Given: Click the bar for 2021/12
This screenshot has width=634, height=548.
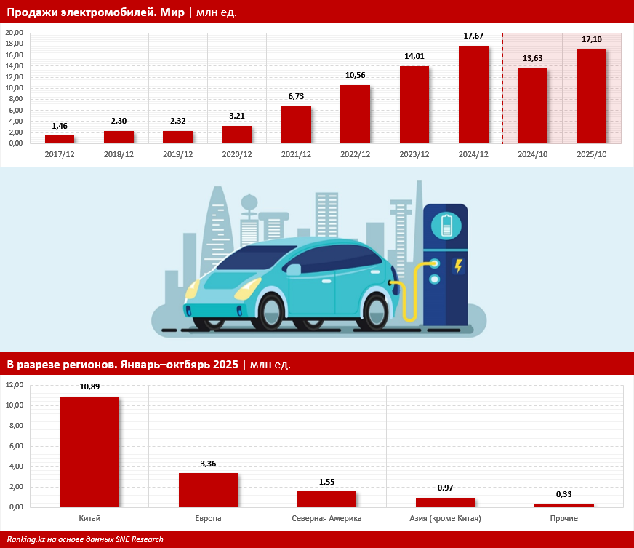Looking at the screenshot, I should click(x=296, y=124).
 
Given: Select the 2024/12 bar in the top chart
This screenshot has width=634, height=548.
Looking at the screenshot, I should click(x=473, y=95).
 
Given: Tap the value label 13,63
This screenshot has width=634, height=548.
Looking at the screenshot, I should click(x=532, y=58).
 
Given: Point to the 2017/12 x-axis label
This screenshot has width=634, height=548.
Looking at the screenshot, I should click(x=59, y=154).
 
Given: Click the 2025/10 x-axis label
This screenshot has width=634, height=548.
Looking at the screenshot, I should click(x=591, y=154).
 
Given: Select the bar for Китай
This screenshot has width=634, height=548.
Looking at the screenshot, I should click(x=89, y=451).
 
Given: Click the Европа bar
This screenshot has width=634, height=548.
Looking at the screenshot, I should click(x=208, y=490).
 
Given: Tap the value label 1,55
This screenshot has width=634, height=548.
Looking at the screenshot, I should click(x=326, y=482).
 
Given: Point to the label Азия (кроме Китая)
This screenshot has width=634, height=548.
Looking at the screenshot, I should click(x=445, y=518).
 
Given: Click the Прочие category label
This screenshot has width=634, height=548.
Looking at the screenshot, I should click(x=563, y=518).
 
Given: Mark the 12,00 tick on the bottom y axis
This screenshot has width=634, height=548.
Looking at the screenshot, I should click(x=15, y=385).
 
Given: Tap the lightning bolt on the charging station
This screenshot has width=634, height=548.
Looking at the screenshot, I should click(x=458, y=266).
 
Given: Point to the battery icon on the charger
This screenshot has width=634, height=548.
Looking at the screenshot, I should click(x=446, y=225).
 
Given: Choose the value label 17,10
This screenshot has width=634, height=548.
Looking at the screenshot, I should click(x=591, y=39).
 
